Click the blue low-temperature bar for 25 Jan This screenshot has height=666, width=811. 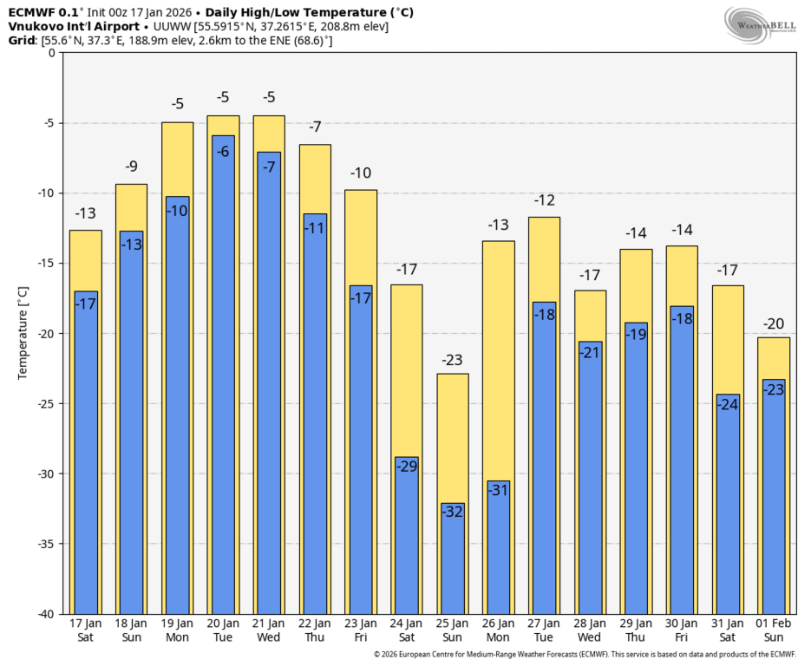[x=453, y=564]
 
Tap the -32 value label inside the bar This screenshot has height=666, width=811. [x=453, y=512]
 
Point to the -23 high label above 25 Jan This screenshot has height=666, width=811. [x=453, y=360]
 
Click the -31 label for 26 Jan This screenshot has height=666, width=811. [x=499, y=490]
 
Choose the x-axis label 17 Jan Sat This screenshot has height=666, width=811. [x=85, y=630]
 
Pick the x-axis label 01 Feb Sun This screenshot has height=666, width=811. [x=775, y=630]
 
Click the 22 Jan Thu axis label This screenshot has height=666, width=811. [x=315, y=630]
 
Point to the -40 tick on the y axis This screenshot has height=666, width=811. [x=45, y=614]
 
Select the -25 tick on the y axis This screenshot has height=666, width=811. [x=45, y=403]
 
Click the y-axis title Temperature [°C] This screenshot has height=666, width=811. [x=23, y=333]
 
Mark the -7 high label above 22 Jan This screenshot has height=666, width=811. [x=315, y=127]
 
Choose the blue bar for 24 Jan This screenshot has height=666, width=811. [x=407, y=538]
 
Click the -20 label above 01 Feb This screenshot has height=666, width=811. [x=775, y=324]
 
